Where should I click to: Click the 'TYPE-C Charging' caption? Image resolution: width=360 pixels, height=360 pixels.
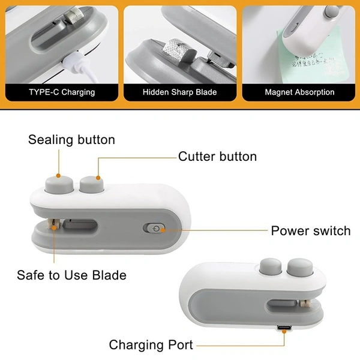(x=62, y=92)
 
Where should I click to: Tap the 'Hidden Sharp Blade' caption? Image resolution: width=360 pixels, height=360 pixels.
(x=180, y=92)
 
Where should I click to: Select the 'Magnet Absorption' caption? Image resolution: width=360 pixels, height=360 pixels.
(x=299, y=92)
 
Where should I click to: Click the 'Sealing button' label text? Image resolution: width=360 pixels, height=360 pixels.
(x=71, y=140)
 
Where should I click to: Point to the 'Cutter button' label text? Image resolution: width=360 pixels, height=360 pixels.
(x=217, y=157)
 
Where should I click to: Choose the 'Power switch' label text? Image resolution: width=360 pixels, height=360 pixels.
(x=311, y=230)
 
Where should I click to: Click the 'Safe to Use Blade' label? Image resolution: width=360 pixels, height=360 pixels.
(x=71, y=275)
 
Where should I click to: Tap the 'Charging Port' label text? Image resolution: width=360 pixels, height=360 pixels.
(x=151, y=345)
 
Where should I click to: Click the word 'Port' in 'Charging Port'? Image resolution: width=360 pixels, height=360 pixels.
(x=180, y=345)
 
